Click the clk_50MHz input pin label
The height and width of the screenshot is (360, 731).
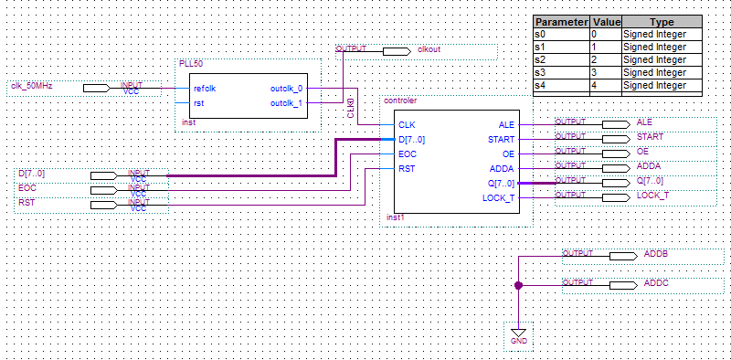(32, 86)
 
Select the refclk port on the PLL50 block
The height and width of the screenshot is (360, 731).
(204, 89)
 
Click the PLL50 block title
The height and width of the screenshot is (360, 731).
(191, 64)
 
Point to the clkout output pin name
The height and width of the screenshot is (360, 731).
(429, 48)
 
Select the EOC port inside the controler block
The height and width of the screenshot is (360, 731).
(408, 154)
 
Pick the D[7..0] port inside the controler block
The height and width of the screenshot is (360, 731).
(412, 140)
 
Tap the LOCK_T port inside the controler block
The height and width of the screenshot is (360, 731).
(498, 198)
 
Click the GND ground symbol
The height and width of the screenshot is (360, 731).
(519, 335)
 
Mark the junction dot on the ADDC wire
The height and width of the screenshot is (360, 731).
(518, 285)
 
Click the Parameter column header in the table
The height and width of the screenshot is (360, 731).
(561, 22)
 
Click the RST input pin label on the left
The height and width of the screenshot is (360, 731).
(26, 202)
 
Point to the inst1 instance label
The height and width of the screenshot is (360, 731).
(396, 217)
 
